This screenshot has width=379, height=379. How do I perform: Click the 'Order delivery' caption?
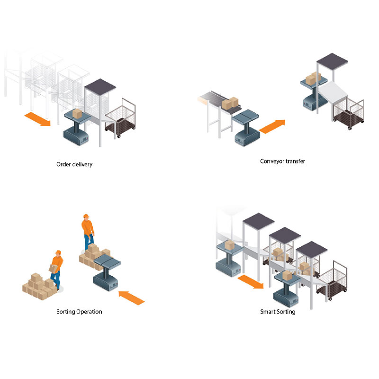coord(74,164)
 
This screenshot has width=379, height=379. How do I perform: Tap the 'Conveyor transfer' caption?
coord(282,161)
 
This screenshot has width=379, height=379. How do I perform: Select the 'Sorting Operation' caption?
coord(79,312)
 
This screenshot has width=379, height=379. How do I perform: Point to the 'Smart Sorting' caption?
coord(278,312)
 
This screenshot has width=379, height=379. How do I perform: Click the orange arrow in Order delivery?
coord(38,119)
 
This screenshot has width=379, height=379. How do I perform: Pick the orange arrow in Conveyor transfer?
coord(272,126)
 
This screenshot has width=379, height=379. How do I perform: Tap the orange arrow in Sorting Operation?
coord(132,298)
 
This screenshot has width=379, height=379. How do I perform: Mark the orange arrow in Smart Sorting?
coord(251,281)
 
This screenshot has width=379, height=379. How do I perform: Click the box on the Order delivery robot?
coord(77,114)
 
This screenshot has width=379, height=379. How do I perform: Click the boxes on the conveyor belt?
coord(230,103)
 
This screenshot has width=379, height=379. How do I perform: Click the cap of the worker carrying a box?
coord(58,253)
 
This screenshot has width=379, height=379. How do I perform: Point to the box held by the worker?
coord(54,268)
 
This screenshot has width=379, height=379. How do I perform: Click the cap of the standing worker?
coord(86,216)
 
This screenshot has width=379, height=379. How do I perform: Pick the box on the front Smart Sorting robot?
coord(288,276)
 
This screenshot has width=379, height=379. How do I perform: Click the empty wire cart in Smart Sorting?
coord(332,280)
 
